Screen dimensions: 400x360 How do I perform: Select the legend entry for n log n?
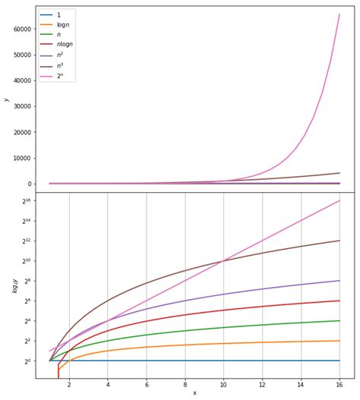point(65,45)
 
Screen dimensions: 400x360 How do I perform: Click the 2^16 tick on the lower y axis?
point(25,201)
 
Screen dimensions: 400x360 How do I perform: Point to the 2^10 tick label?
point(25,261)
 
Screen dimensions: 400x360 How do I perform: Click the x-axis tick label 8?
point(185,385)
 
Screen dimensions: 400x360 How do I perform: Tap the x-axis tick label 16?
point(339,385)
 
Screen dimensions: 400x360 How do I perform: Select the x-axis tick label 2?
point(69,385)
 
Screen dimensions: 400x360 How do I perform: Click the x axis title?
point(194,393)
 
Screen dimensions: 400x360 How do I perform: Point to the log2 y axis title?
point(6,285)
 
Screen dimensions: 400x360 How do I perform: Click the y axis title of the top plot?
point(6,99)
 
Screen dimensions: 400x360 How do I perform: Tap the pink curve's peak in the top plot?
point(339,14)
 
